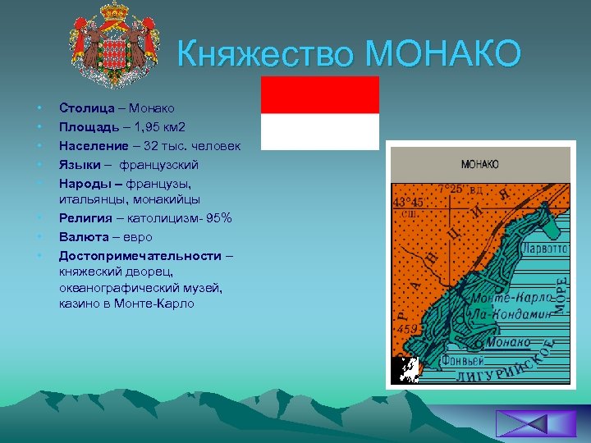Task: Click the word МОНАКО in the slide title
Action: [x=443, y=55]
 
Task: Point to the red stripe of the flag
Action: [x=319, y=94]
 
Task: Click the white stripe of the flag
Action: [x=319, y=131]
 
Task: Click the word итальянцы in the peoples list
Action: [x=91, y=199]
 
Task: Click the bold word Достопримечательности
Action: [x=140, y=256]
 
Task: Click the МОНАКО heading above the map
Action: [x=479, y=164]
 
